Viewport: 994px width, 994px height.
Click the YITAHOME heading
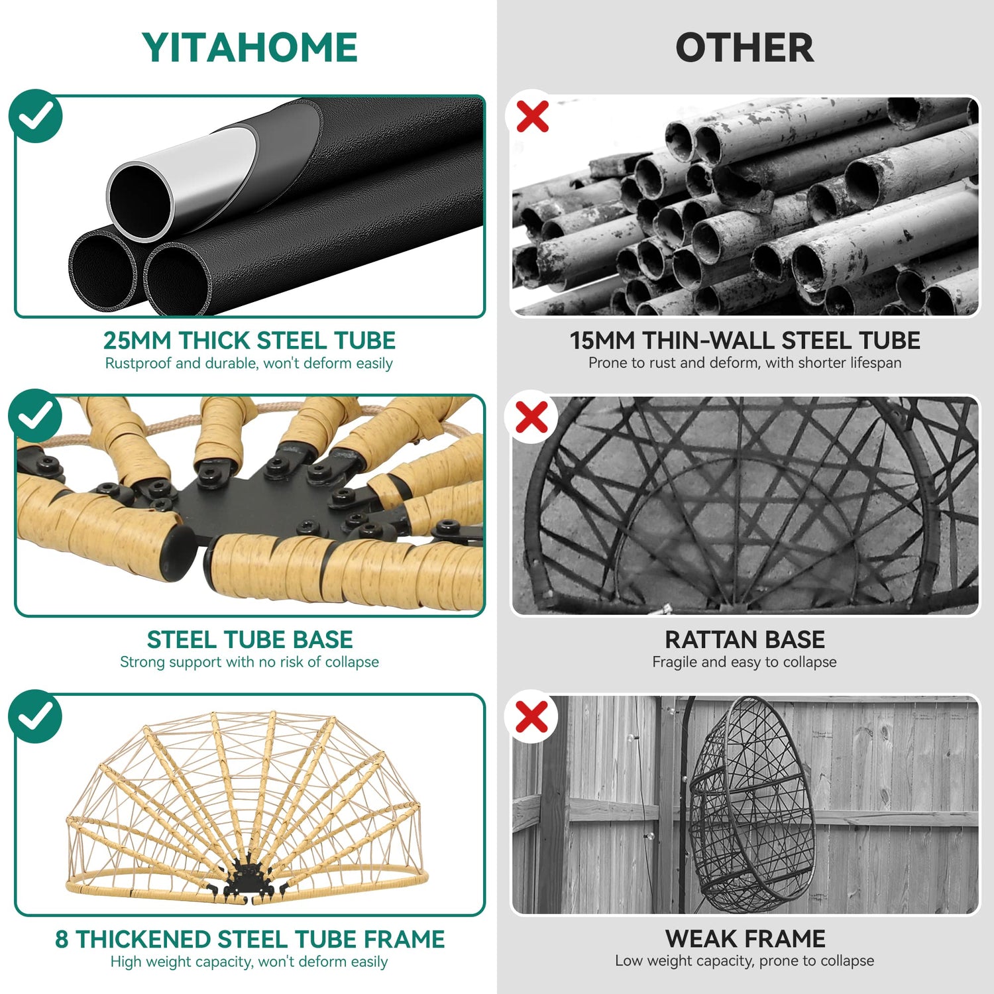[250, 48]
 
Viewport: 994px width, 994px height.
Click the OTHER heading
[745, 48]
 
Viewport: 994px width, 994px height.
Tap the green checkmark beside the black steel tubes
[36, 116]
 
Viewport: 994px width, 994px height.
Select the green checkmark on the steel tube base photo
[36, 415]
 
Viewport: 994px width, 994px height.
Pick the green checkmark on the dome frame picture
[36, 716]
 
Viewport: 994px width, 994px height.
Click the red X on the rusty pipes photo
[532, 117]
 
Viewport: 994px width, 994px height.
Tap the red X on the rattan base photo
[532, 417]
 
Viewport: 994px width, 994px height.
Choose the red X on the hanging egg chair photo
[532, 717]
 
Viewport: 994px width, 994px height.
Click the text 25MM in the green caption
[137, 341]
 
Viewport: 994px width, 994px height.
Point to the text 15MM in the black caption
[602, 341]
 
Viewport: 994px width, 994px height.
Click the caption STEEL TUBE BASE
[250, 640]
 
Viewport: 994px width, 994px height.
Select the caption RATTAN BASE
[745, 640]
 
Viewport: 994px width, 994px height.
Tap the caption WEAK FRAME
[745, 939]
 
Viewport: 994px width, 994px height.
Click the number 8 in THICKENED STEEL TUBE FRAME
[62, 940]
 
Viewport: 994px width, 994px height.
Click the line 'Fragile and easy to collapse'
[744, 662]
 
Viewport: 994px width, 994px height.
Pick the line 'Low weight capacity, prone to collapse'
[744, 961]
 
